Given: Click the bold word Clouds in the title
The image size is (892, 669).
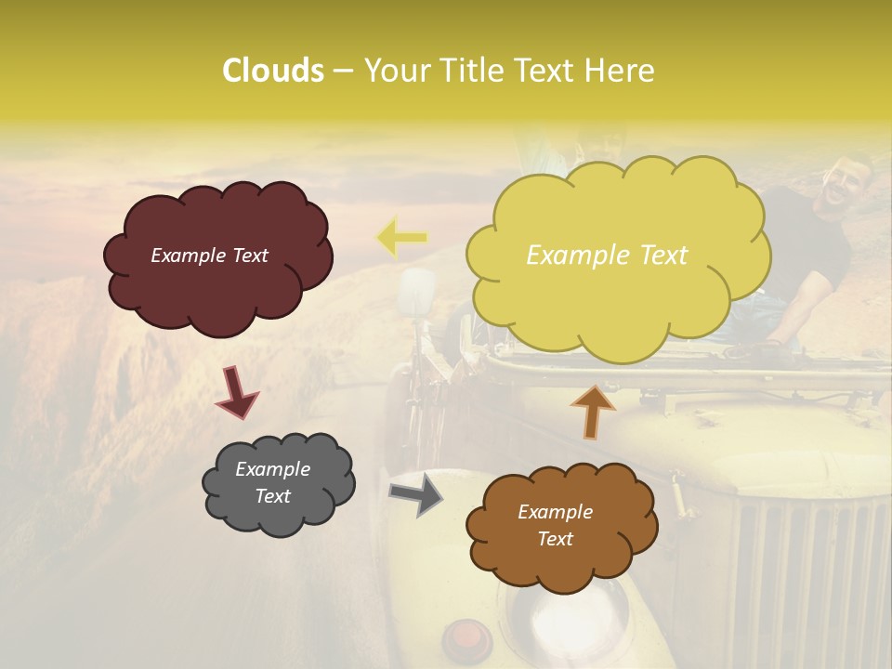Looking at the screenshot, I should [273, 71].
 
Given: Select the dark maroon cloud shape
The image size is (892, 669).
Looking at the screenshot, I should [217, 256].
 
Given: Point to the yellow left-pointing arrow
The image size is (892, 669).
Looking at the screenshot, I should [401, 238].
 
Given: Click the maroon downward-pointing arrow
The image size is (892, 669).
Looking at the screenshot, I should [238, 390].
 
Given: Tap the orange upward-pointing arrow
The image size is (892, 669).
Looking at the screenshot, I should [593, 411].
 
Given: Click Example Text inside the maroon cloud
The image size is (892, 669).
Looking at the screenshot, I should [209, 256].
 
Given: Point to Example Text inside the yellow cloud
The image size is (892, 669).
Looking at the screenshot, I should [607, 255].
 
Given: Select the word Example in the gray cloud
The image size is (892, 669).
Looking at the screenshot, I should [273, 470].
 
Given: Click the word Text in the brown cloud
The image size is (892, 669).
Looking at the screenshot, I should [555, 539].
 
